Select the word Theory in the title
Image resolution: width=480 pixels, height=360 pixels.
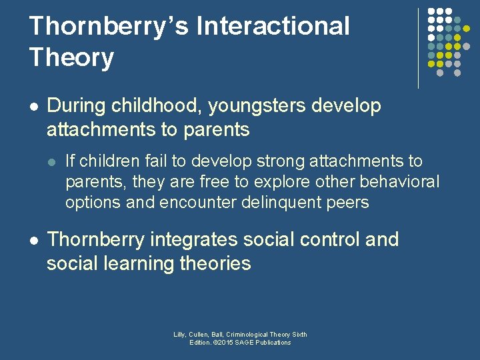71,57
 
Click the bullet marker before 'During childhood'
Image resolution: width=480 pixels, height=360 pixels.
33,106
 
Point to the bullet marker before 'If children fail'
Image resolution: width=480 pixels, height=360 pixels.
52,161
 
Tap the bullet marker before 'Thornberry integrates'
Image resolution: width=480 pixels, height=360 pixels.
33,239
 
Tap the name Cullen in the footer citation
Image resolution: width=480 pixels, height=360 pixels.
199,335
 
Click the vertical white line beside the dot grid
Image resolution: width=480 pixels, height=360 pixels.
418,48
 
